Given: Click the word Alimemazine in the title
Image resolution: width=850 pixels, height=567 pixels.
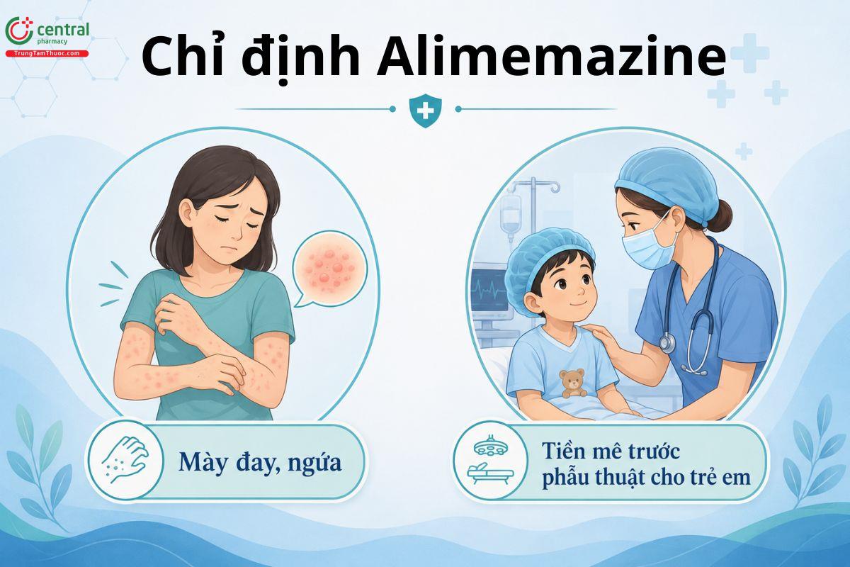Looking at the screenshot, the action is point(551,57).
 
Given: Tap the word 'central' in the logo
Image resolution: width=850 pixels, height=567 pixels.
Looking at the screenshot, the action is point(63,29).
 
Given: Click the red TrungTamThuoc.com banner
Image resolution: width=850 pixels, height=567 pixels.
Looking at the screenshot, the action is point(47,54).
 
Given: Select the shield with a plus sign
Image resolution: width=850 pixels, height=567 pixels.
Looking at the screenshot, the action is point(426,110).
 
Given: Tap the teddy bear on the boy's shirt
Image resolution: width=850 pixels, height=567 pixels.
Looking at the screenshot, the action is point(572,383).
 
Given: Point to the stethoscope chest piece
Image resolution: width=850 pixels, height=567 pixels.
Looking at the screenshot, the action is point(667,343).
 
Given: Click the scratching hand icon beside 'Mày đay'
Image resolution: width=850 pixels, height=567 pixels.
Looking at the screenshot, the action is point(125,460).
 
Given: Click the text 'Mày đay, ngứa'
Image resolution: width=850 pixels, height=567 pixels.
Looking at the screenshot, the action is point(260,463).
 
